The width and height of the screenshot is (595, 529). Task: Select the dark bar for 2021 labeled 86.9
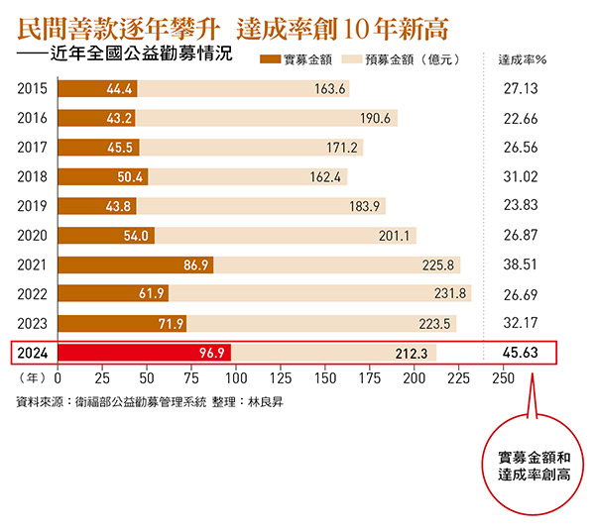click(x=136, y=265)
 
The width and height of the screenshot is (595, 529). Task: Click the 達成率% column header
click(x=522, y=59)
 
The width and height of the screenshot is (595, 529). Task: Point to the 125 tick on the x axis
click(x=281, y=378)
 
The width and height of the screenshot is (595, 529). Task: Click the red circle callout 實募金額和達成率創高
click(x=536, y=467)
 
